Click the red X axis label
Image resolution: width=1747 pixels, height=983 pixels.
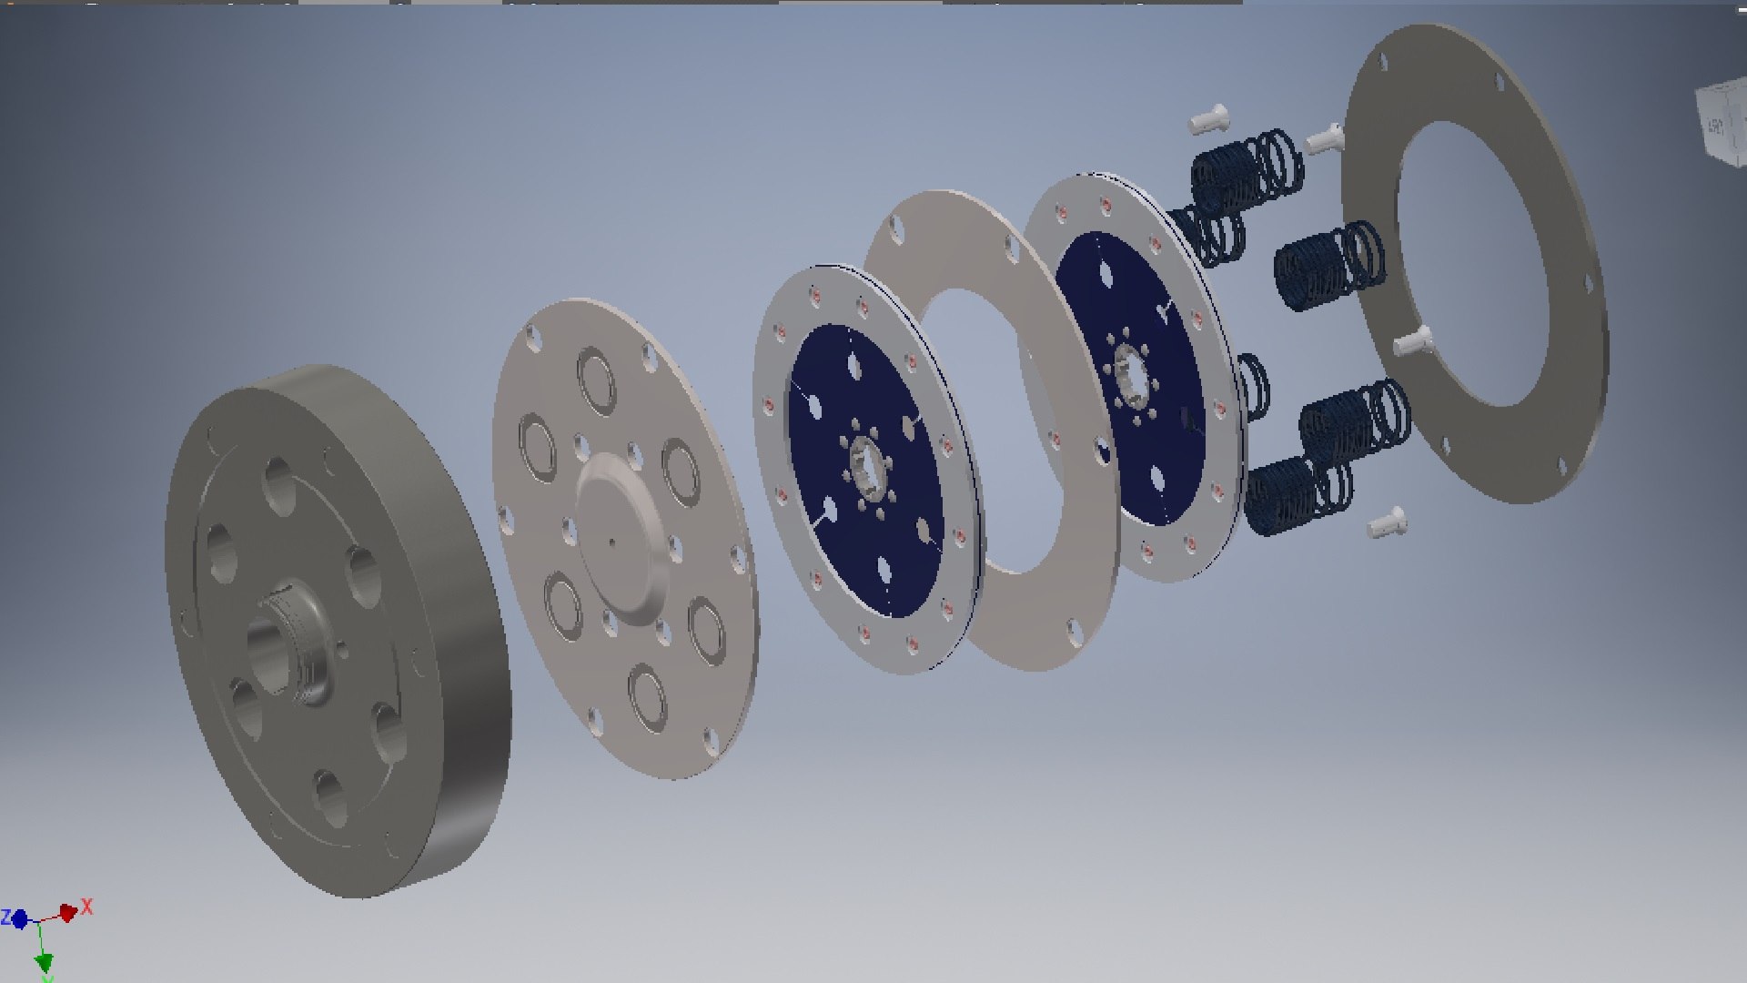(x=87, y=907)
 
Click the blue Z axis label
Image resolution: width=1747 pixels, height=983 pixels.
(x=5, y=917)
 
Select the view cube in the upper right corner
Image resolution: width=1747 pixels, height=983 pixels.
(x=1720, y=127)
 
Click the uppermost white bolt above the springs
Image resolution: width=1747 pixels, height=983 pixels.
(x=1208, y=117)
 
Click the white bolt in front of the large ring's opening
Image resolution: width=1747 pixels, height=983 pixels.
(x=1412, y=343)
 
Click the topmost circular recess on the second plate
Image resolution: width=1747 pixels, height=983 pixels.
(x=596, y=381)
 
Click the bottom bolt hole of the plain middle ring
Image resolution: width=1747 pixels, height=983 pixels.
(x=1075, y=630)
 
